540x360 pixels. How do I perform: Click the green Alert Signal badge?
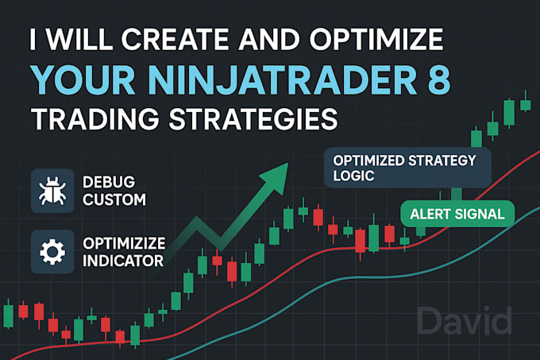[457, 213]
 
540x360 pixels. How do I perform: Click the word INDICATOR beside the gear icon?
[124, 260]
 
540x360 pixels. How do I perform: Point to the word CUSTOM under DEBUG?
[114, 199]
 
